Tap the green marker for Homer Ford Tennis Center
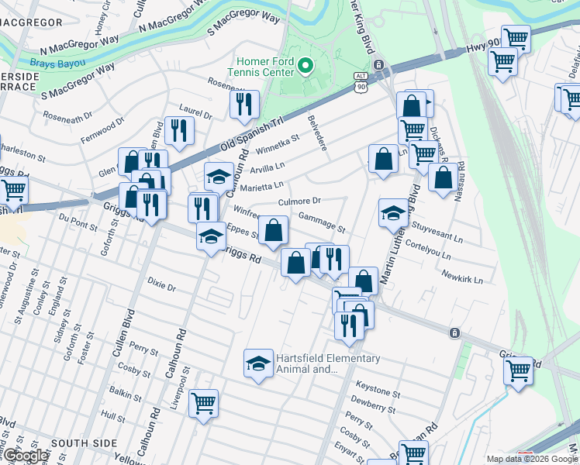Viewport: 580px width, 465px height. tap(306, 66)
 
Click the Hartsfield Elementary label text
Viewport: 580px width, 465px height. tap(329, 363)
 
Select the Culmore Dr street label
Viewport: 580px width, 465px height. tap(299, 201)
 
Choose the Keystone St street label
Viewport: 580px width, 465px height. tap(377, 384)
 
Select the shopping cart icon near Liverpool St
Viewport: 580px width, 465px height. tap(203, 403)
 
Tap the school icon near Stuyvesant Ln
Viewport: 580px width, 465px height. tap(393, 212)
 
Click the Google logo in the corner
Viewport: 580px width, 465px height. tap(25, 456)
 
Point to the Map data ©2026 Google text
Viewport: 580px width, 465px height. tap(531, 459)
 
